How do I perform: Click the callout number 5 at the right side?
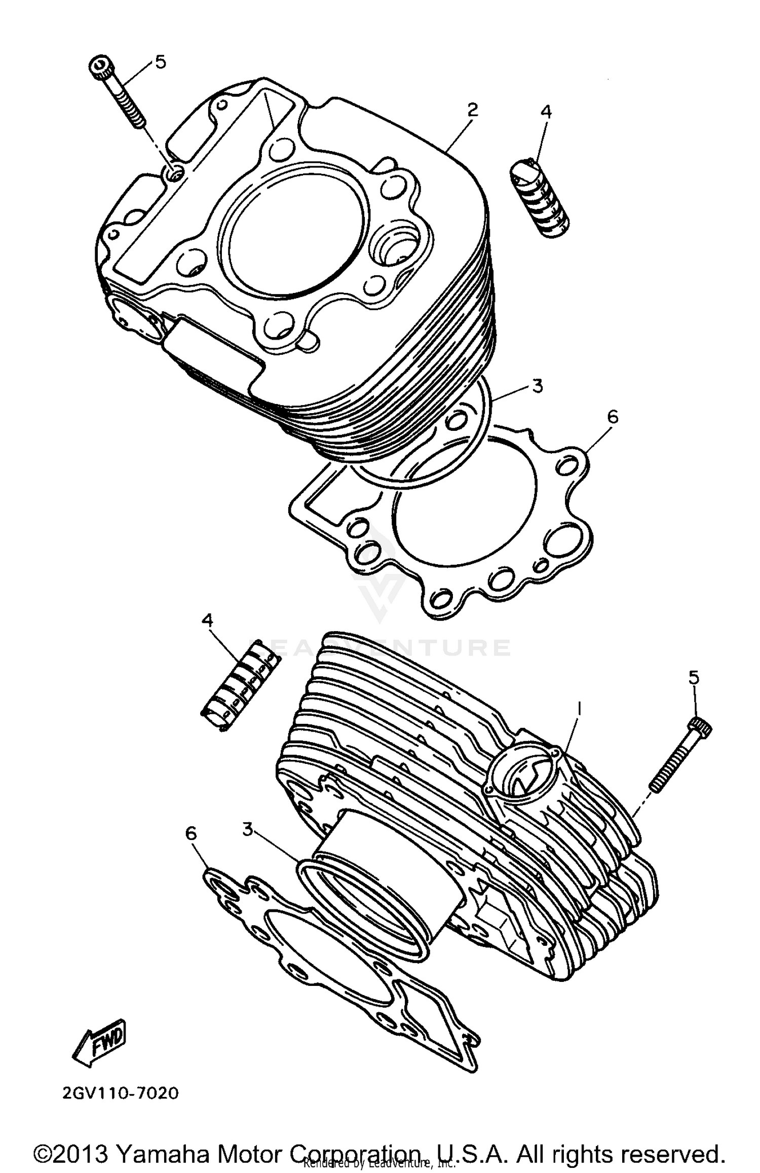(694, 677)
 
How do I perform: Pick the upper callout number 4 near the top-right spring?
(546, 112)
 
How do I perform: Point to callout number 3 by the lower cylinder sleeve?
(247, 830)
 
